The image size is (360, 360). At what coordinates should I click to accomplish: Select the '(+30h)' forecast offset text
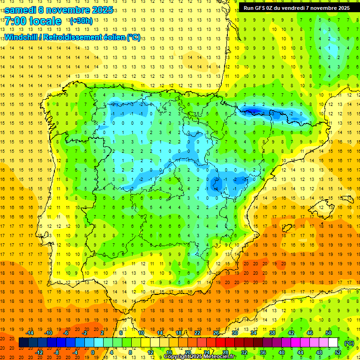coord(81,21)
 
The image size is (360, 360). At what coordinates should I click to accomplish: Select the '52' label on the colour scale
coord(338,352)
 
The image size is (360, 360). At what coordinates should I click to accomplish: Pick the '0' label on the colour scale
coord(93,352)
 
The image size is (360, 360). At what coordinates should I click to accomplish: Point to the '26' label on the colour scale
coord(216,333)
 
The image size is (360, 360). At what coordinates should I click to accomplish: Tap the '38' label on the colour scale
coord(272,333)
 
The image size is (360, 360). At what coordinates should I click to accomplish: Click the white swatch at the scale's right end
coord(333,343)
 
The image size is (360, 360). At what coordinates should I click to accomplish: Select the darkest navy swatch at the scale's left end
coord(23,343)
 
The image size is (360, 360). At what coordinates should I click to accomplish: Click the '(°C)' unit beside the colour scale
coord(349,343)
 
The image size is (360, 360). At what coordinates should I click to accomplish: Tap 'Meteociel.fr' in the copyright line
coord(219,357)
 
